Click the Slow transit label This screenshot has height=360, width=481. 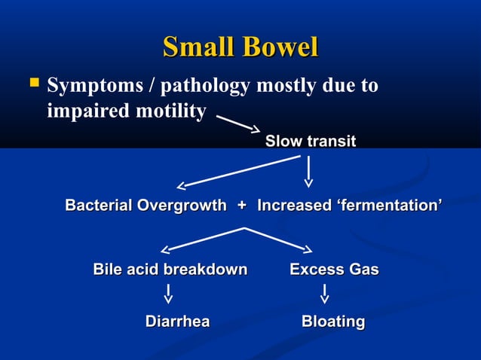(x=310, y=142)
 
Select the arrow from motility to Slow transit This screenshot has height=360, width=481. (x=239, y=123)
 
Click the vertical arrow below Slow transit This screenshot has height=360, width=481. (x=308, y=171)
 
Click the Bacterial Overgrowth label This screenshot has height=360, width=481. (x=146, y=206)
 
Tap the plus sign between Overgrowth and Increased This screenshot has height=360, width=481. (x=241, y=206)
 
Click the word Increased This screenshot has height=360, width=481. (x=294, y=206)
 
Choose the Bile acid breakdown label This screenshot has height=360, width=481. (x=170, y=270)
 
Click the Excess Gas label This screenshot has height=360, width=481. (x=334, y=270)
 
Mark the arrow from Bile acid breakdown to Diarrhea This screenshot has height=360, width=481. (x=167, y=294)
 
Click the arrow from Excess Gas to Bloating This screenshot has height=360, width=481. (x=324, y=294)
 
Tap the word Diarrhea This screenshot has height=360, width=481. (x=177, y=322)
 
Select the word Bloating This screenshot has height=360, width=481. (x=333, y=322)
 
